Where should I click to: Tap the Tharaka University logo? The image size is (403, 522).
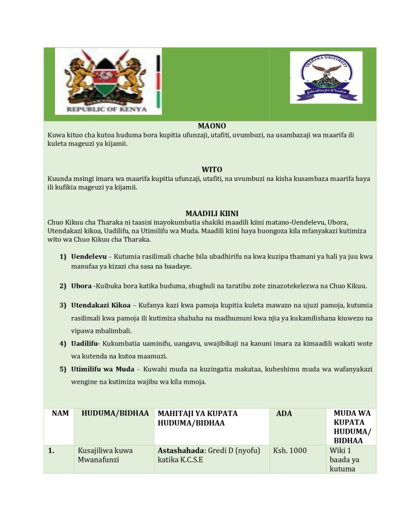point(326,77)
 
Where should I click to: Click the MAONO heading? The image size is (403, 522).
point(212,126)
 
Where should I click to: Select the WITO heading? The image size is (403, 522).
point(212,169)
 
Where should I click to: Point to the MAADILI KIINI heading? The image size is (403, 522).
point(212,213)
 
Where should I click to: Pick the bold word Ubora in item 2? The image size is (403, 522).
point(81,286)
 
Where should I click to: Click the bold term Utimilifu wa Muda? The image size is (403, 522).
point(102,369)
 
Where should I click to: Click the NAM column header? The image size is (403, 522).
point(60,414)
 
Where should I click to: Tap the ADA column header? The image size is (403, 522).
point(284,414)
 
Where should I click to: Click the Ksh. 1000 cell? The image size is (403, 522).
point(290,451)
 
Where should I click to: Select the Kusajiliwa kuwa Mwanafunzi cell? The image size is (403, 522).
point(105,455)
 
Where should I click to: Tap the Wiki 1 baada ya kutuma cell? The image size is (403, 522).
point(344,460)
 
